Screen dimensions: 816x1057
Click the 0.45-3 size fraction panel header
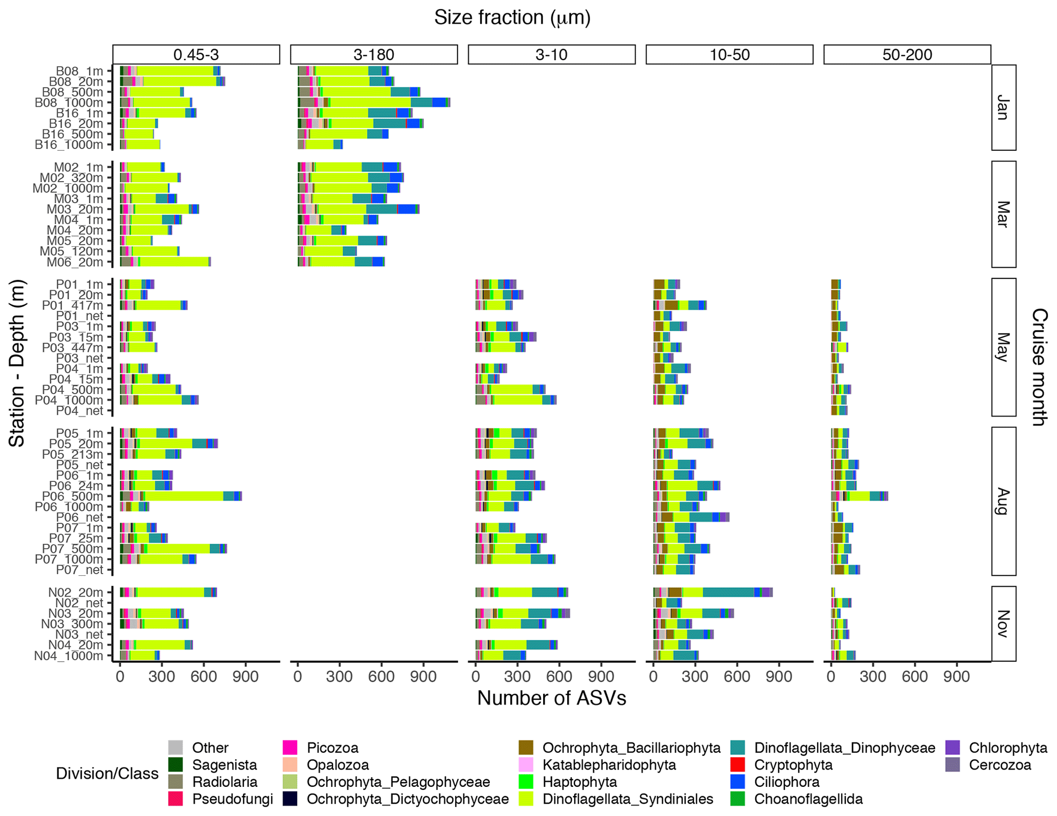pyautogui.click(x=196, y=55)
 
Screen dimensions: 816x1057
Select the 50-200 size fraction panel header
pyautogui.click(x=907, y=55)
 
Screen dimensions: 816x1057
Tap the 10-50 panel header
pyautogui.click(x=729, y=55)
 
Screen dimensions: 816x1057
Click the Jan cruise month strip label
pyautogui.click(x=1003, y=108)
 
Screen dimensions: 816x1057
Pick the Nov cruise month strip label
pyautogui.click(x=1003, y=623)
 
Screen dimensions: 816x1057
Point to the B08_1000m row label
pyautogui.click(x=69, y=103)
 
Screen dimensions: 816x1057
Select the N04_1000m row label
pyautogui.click(x=69, y=656)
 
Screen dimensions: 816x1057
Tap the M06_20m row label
pyautogui.click(x=75, y=262)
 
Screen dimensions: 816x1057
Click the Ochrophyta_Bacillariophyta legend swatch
pyautogui.click(x=526, y=748)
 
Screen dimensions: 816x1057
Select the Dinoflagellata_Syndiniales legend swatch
pyautogui.click(x=526, y=799)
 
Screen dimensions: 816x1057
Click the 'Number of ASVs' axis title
pyautogui.click(x=551, y=698)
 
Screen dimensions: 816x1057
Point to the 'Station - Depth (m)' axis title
pyautogui.click(x=17, y=363)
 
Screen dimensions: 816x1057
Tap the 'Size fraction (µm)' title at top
pyautogui.click(x=512, y=18)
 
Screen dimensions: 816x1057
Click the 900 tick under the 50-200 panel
pyautogui.click(x=956, y=677)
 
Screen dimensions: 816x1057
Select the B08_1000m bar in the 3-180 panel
pyautogui.click(x=374, y=103)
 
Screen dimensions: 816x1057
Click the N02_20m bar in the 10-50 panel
pyautogui.click(x=713, y=592)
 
